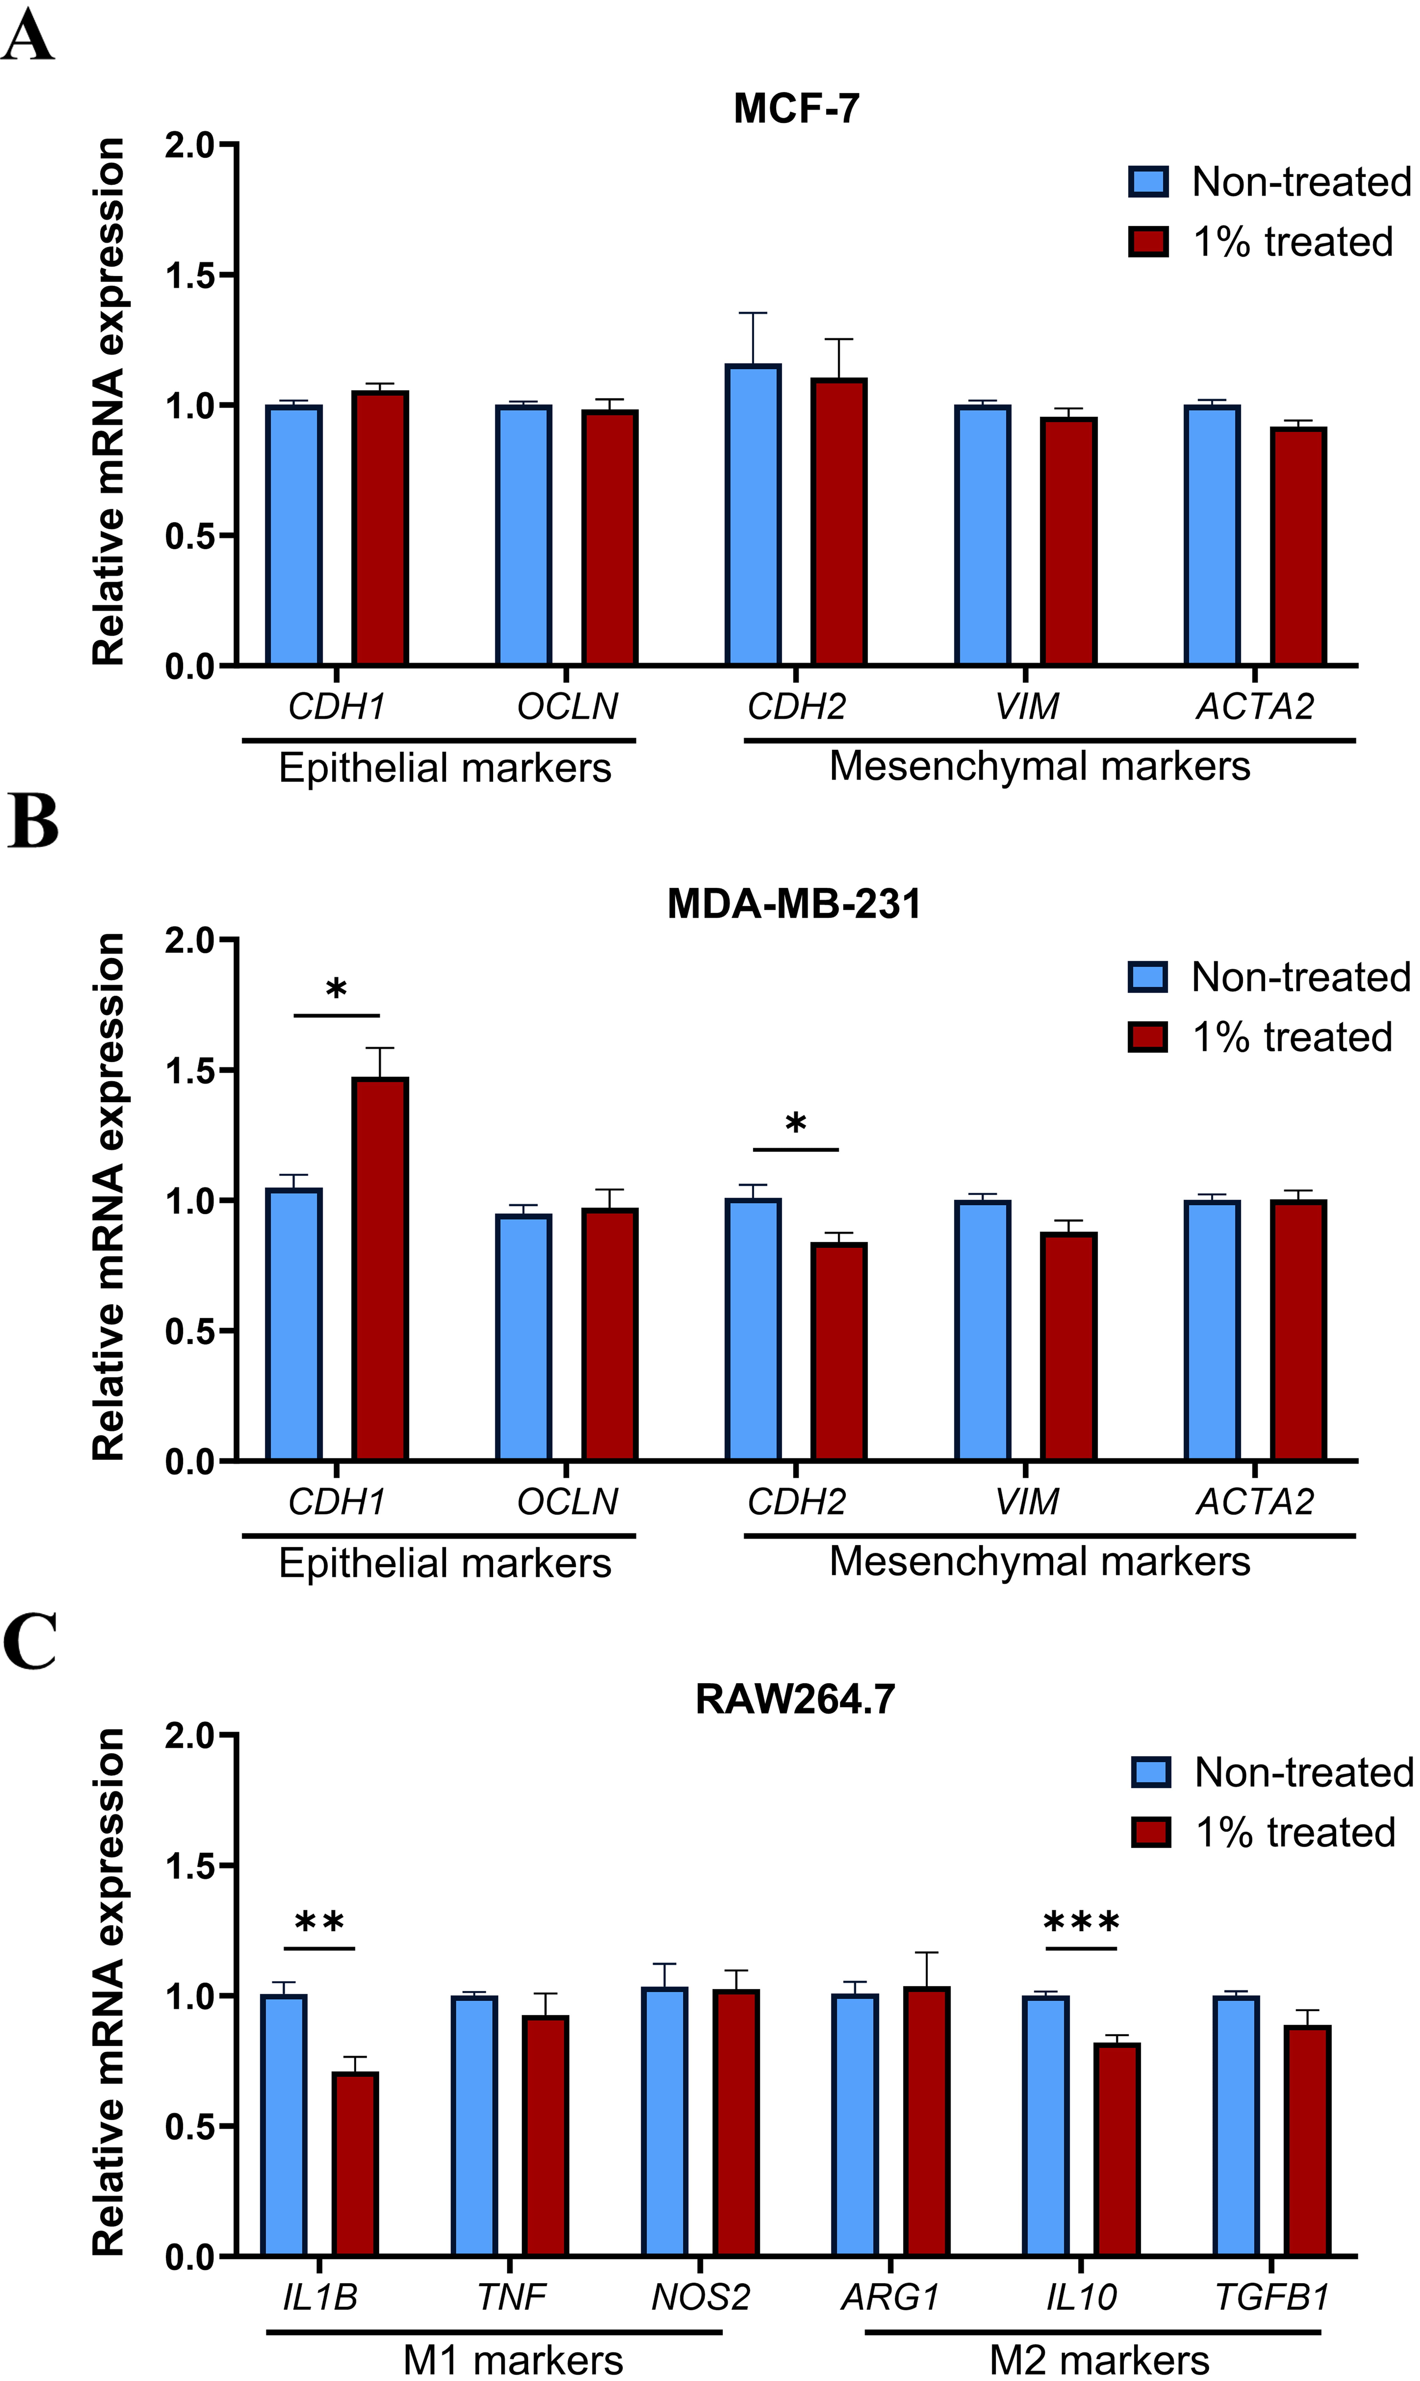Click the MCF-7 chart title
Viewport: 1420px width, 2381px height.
(x=796, y=108)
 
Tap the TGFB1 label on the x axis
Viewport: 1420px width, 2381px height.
(x=1272, y=2297)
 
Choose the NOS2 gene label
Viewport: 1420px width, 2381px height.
(x=700, y=2297)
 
